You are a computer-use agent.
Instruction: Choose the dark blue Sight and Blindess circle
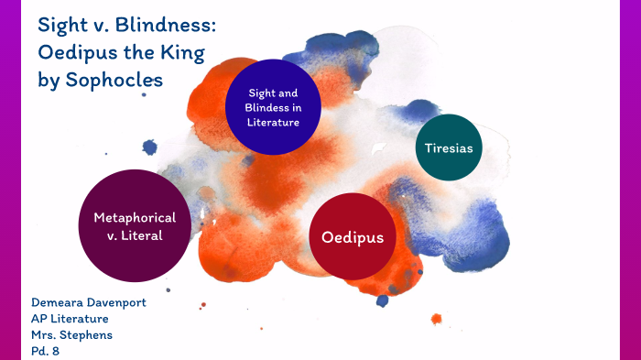274,106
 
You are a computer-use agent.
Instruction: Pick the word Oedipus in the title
75,51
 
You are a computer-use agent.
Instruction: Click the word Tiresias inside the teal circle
449,147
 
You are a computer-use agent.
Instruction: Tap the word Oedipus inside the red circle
352,237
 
